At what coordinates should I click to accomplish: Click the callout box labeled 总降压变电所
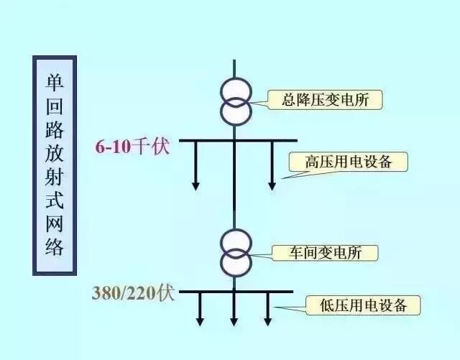click(x=325, y=99)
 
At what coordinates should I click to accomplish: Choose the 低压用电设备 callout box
click(x=363, y=305)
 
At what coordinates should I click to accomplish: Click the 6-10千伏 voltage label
click(x=132, y=147)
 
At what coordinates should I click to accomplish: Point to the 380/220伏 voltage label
click(x=133, y=293)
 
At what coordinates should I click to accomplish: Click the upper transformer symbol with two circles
click(x=235, y=102)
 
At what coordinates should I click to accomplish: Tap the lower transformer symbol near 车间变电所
click(x=236, y=253)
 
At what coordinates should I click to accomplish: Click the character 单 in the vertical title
click(x=55, y=80)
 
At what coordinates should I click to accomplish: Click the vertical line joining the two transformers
click(x=234, y=187)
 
